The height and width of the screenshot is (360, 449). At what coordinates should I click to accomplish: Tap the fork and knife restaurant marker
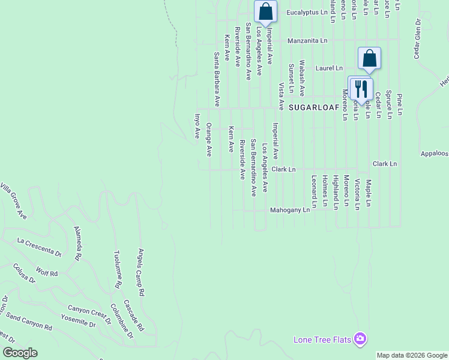pos(361,89)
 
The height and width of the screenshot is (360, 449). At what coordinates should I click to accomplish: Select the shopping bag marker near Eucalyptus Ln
pos(265,11)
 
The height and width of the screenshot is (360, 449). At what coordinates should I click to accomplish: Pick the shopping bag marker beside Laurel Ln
pos(370,58)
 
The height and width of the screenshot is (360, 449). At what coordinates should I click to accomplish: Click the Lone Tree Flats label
pos(322,340)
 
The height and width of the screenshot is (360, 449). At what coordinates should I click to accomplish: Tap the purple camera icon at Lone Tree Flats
pos(360,339)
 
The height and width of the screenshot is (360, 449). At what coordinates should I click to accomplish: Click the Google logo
pos(20,353)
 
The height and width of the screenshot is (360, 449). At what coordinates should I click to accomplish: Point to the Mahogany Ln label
pos(289,211)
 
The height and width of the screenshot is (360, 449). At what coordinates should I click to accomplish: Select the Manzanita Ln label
pos(307,41)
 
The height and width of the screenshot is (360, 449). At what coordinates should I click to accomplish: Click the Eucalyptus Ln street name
pos(307,12)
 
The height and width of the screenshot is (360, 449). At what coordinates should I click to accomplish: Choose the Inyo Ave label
pos(196,126)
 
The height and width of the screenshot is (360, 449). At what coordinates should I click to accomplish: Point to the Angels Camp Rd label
pos(142,274)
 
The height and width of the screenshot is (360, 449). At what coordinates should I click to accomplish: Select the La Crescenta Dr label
pos(40,247)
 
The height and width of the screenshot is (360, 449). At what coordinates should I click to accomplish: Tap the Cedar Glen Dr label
pos(416,38)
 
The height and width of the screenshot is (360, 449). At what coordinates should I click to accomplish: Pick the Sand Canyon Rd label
pos(29,325)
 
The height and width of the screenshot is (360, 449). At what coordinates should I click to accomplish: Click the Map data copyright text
pos(412,355)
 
